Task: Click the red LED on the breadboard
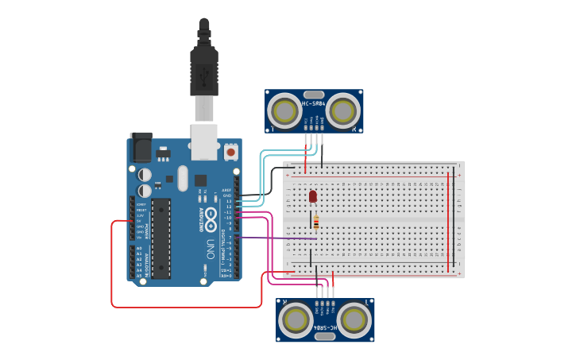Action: coord(312,195)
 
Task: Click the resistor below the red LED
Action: coord(316,223)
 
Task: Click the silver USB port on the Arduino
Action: coord(204,137)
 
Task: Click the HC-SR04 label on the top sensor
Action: coord(314,103)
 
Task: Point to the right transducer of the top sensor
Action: coord(344,109)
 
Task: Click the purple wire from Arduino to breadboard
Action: coord(278,238)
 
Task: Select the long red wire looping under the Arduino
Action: coord(187,307)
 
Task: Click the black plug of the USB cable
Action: coord(204,68)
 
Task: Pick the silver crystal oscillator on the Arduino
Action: coord(183,177)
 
